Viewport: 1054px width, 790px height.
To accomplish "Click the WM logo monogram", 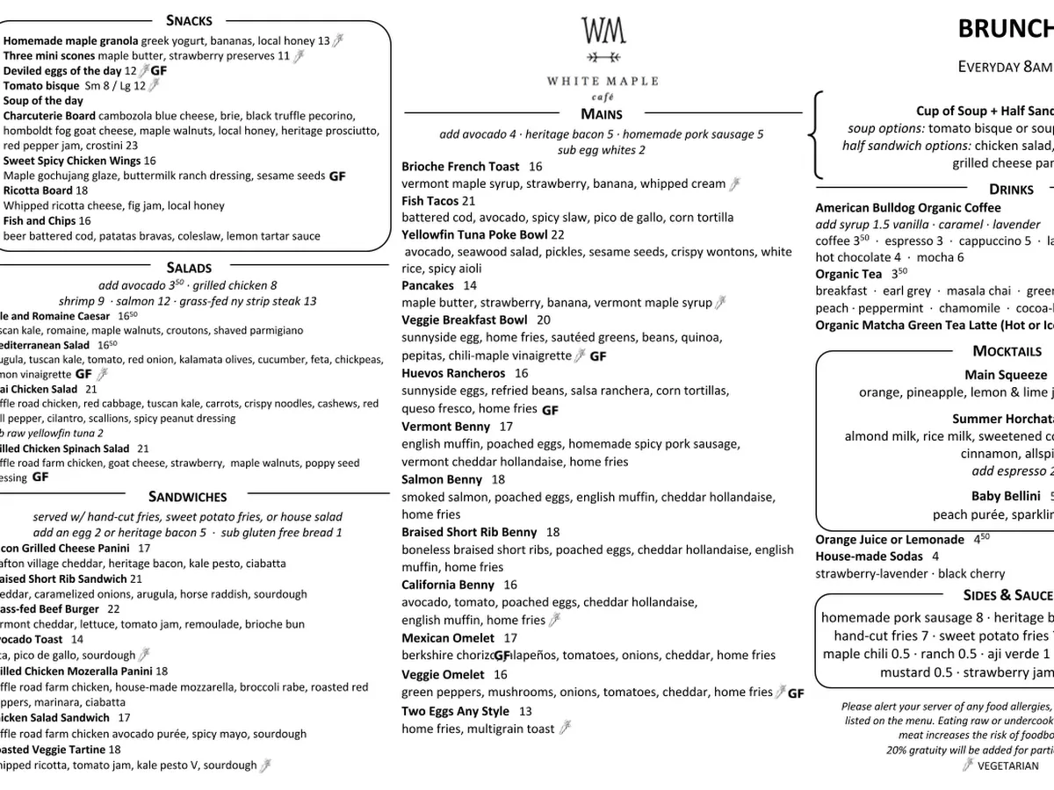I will pos(603,32).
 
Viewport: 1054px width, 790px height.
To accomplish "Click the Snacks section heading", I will pos(189,20).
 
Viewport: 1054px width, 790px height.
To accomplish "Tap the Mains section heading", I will pos(602,114).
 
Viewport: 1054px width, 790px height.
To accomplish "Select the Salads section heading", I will pos(189,268).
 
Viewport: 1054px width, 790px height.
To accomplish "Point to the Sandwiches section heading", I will pos(187,497).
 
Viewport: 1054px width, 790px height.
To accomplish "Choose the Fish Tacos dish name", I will pos(430,201).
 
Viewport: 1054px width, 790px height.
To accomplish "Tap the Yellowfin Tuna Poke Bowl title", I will pos(474,234).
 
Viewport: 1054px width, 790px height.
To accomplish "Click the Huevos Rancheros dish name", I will pos(453,373).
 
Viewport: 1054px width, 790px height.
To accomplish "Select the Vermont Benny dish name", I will pos(445,427).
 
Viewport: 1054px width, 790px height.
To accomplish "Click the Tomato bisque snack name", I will pos(41,86).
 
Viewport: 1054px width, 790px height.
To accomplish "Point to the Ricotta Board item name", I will pos(38,190).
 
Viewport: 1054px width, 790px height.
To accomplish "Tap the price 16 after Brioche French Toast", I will pos(535,167).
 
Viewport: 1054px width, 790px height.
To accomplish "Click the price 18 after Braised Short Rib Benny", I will pos(552,532).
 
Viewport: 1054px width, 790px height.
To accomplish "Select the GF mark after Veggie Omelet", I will pos(796,693).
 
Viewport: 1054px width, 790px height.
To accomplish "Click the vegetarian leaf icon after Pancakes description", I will pos(721,303).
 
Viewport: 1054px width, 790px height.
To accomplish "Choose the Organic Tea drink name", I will pos(848,274).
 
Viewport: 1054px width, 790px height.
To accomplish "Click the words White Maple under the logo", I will pos(602,81).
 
